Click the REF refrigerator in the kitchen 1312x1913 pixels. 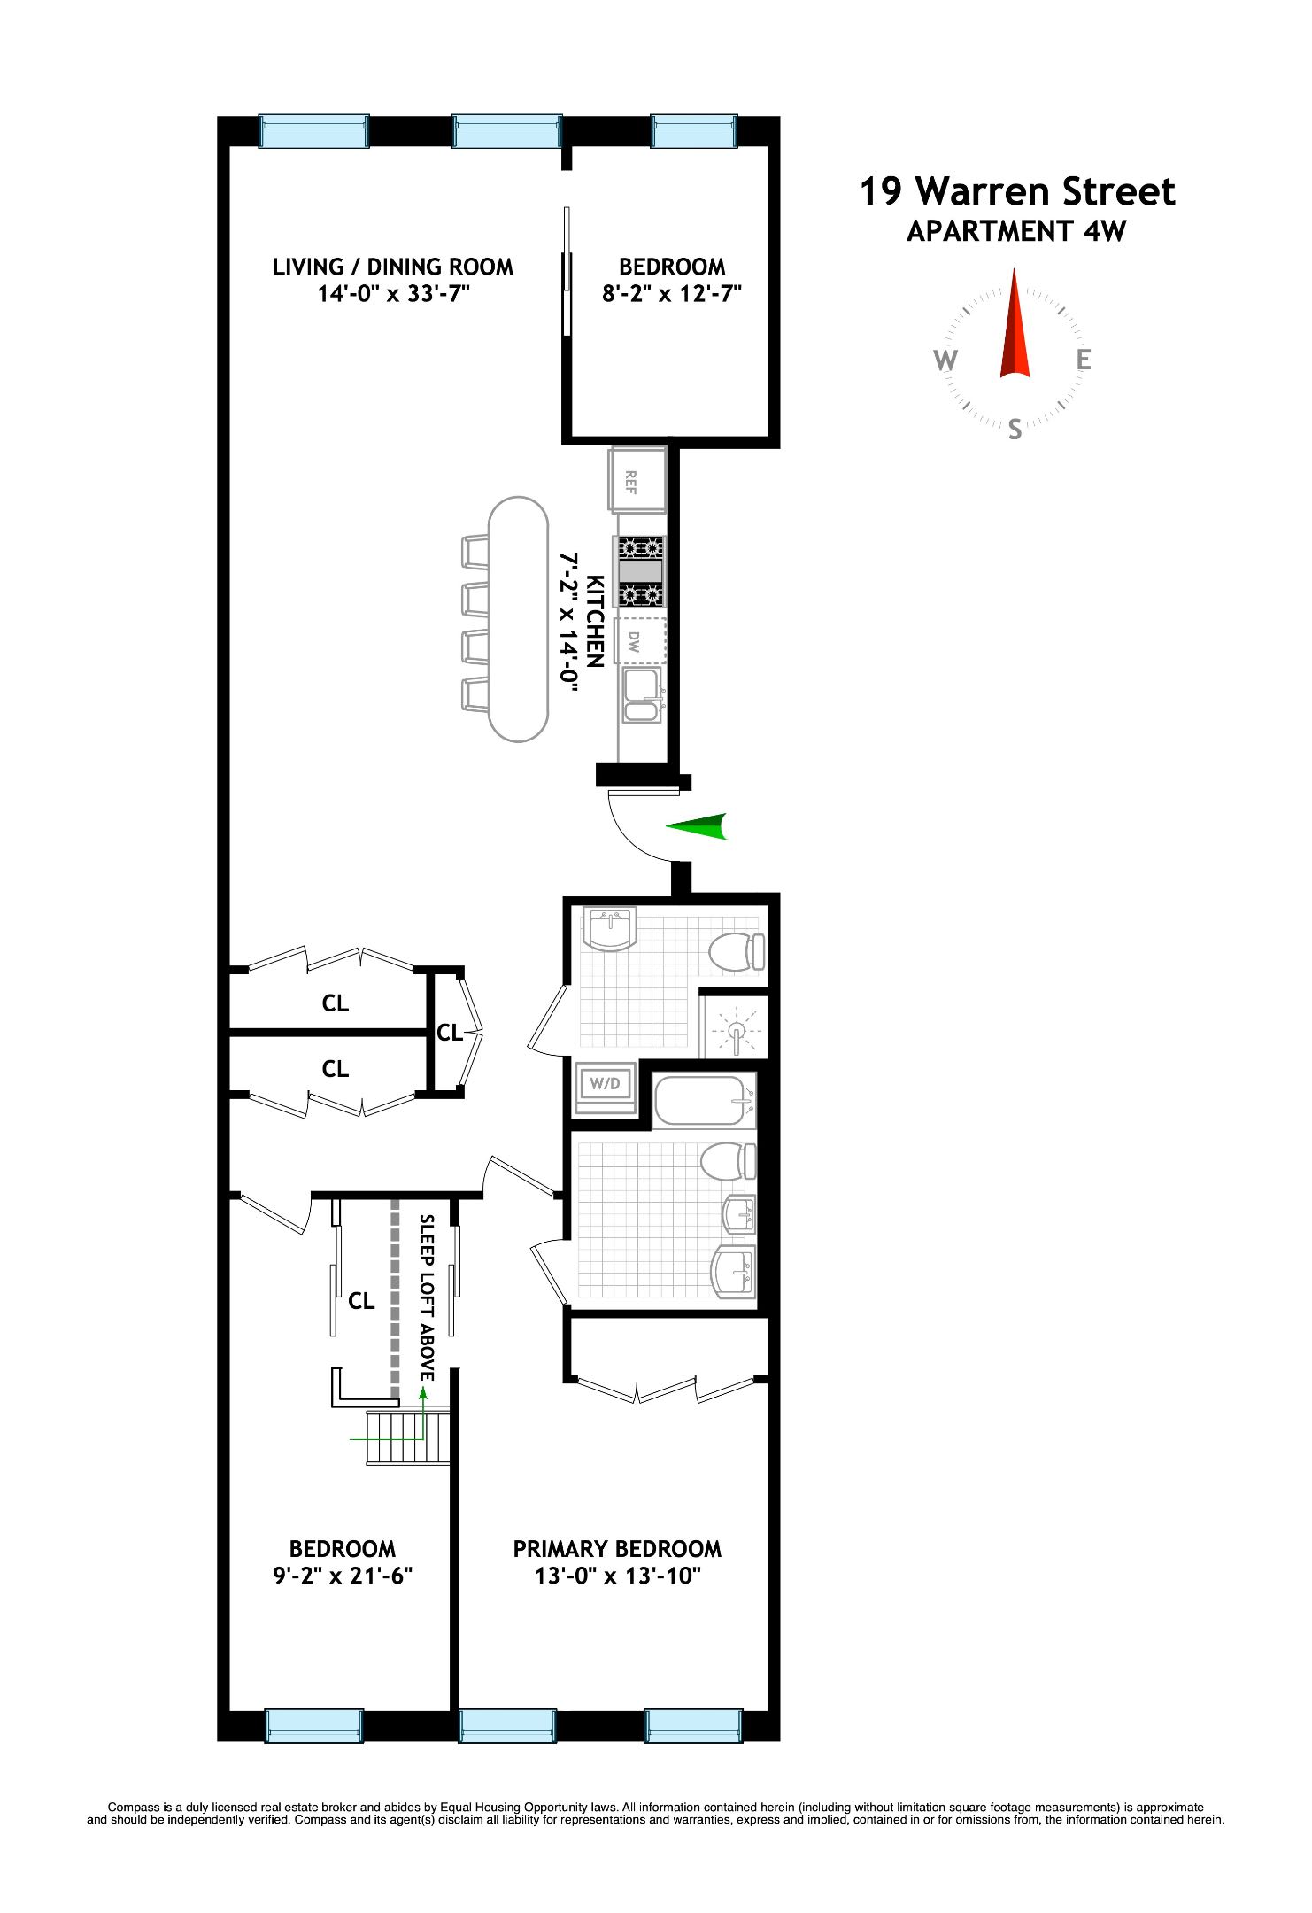[637, 479]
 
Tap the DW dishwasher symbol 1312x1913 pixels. [642, 640]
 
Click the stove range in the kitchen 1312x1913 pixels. [641, 571]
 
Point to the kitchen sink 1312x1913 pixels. [641, 695]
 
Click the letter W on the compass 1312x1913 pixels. [945, 360]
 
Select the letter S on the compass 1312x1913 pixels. [1015, 430]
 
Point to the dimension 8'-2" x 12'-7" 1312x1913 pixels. [671, 294]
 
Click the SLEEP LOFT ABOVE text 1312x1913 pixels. [427, 1297]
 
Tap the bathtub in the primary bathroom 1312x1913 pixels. [705, 1100]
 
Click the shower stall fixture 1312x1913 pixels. [735, 1028]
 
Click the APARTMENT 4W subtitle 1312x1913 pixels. [1016, 231]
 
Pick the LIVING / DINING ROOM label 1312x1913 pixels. [392, 267]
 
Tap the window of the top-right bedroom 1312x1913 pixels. [694, 132]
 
